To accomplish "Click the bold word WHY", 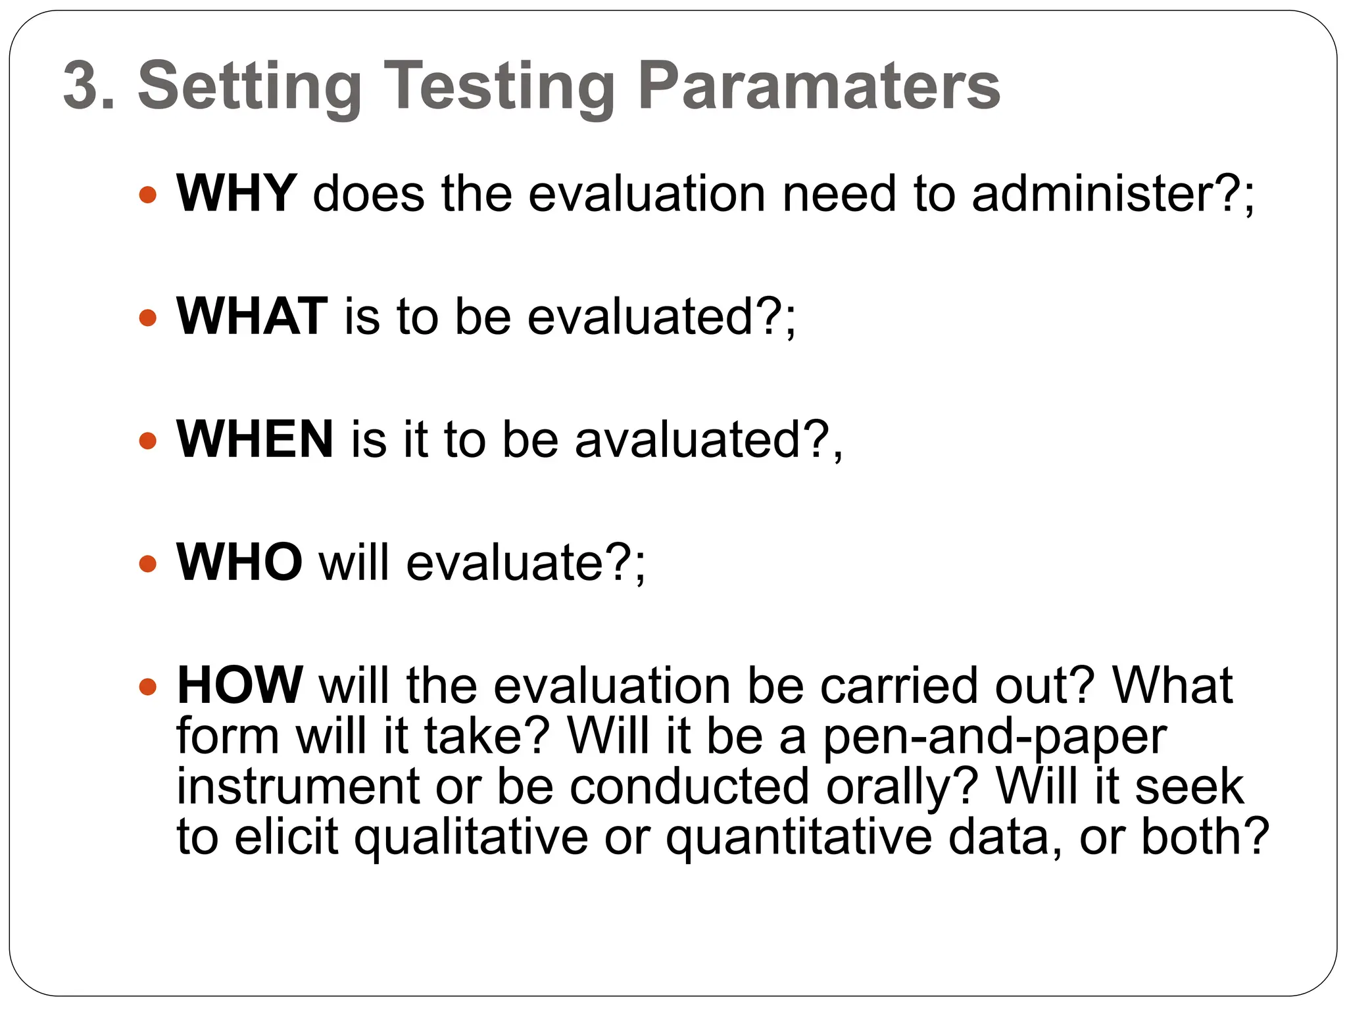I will click(237, 193).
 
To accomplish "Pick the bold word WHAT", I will click(252, 316).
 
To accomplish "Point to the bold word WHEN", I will click(255, 439).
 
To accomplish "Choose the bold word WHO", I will click(239, 562).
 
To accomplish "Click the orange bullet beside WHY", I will click(149, 195).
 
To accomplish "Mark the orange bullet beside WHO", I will click(149, 564).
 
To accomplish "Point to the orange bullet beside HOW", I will click(149, 687).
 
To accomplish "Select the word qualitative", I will click(471, 838).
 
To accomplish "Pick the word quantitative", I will click(798, 838).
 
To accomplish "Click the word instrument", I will click(298, 786).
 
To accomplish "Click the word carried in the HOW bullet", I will click(898, 685).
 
